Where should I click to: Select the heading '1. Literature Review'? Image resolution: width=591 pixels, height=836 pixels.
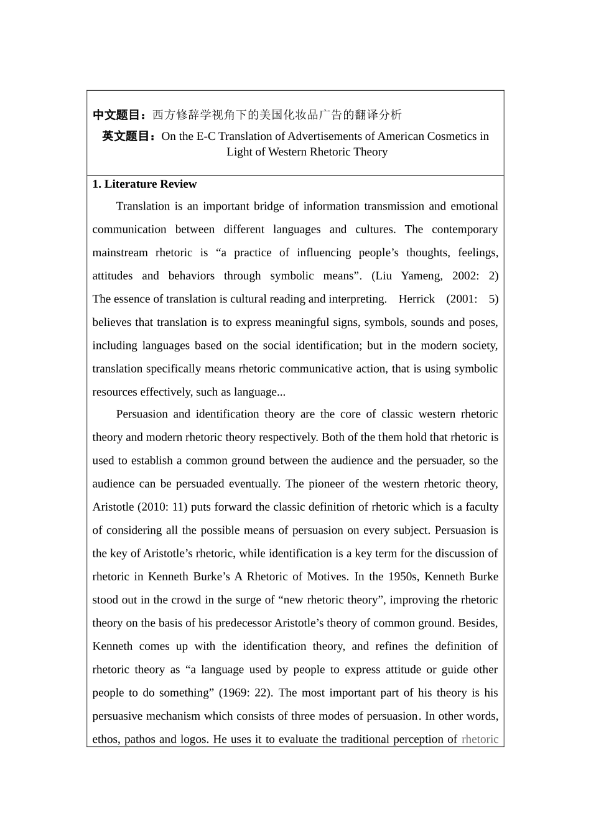tap(144, 184)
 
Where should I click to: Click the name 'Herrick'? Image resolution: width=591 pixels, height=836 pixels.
tap(417, 299)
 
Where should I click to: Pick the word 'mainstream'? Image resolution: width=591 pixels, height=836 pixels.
tap(121, 253)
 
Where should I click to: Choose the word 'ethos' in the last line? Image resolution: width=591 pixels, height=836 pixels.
tap(105, 739)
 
